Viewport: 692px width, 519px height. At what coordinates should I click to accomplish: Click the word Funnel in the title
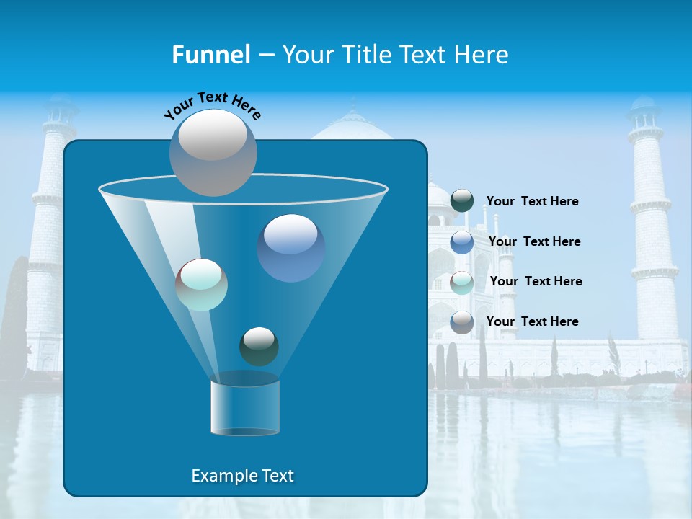tap(210, 54)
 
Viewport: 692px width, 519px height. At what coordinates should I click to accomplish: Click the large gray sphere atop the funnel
tap(213, 152)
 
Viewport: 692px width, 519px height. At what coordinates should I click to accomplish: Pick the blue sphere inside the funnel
tap(290, 247)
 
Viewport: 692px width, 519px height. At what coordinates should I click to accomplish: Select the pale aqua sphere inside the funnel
tap(201, 285)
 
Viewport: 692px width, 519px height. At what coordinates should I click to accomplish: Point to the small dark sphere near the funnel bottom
tap(259, 346)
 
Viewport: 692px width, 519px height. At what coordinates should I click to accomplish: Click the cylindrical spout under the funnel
tap(244, 406)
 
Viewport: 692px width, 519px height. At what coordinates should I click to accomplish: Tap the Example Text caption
tap(243, 476)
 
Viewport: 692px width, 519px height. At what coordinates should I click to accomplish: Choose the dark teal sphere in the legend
tap(462, 201)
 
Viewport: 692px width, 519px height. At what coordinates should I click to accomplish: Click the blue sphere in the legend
tap(462, 241)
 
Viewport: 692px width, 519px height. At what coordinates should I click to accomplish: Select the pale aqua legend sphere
tap(462, 282)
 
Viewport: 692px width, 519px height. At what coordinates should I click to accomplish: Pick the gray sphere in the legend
tap(462, 321)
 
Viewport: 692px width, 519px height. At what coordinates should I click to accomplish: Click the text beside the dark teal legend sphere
tap(532, 201)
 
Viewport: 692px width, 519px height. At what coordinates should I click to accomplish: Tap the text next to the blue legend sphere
tap(534, 241)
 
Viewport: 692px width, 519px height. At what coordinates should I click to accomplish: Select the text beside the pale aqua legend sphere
tap(536, 281)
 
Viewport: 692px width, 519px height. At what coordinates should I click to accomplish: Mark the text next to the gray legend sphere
tap(532, 321)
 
